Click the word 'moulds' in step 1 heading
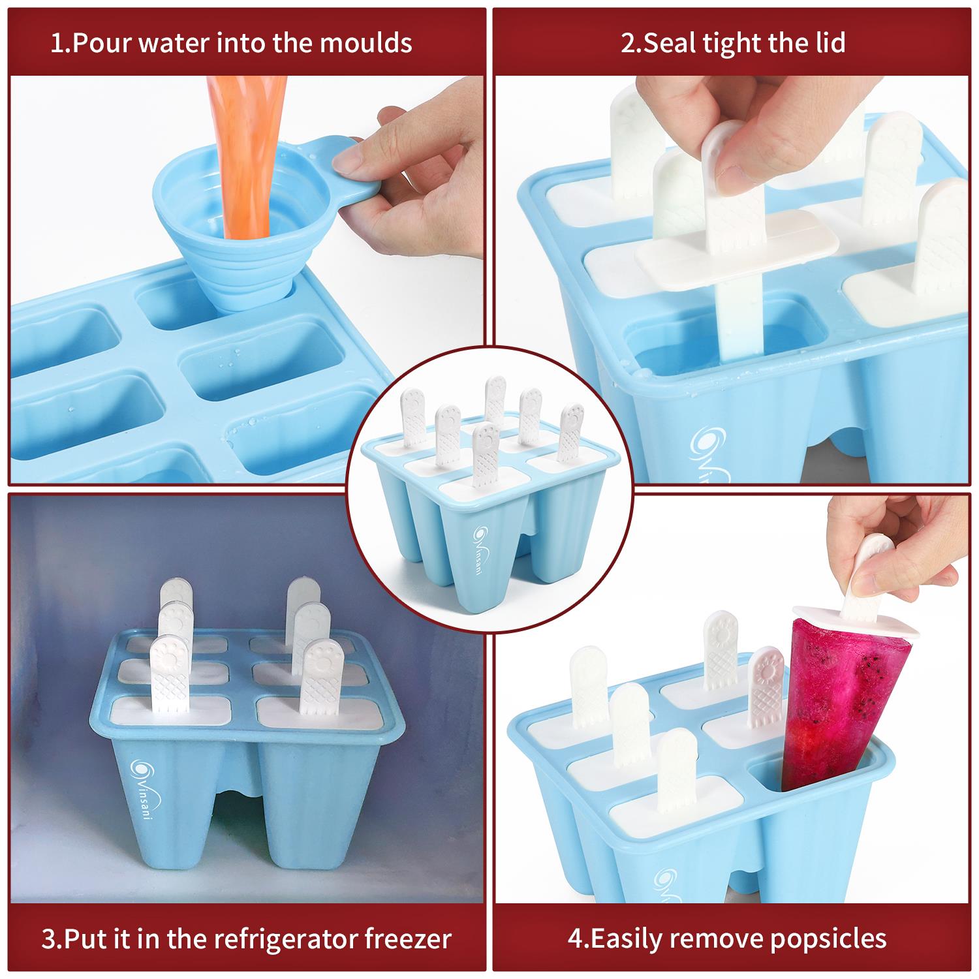click(x=366, y=43)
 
